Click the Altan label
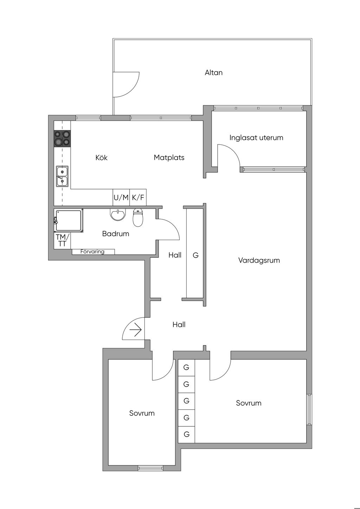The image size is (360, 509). (x=213, y=73)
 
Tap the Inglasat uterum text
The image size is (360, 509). (x=256, y=138)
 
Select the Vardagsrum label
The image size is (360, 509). (x=259, y=260)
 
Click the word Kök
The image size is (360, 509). (x=101, y=157)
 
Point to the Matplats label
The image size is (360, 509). (x=169, y=157)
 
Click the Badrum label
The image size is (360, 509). (x=115, y=234)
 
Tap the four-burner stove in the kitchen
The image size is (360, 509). (x=62, y=138)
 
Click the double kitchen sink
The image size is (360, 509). (x=62, y=176)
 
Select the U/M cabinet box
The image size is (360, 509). (x=121, y=197)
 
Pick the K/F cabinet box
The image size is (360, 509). (x=138, y=197)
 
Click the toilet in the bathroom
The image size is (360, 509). (x=138, y=218)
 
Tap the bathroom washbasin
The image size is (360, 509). (x=117, y=214)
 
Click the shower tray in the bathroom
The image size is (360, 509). (x=69, y=221)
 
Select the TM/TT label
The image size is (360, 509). (x=62, y=240)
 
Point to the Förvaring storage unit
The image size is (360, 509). (x=93, y=252)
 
